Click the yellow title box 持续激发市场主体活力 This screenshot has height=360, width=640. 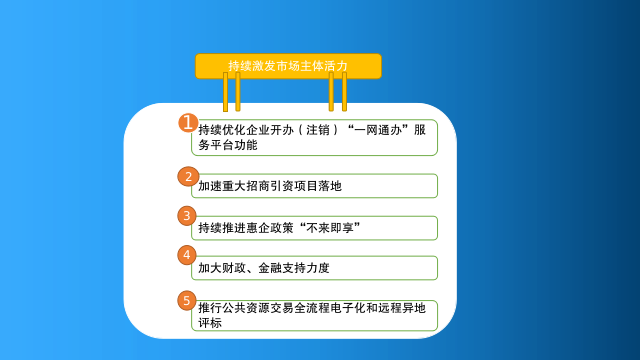[288, 66]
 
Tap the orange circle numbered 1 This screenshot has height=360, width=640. [188, 122]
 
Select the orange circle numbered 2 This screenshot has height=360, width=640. [188, 176]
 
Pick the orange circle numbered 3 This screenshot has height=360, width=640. [187, 216]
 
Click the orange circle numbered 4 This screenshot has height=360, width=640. [187, 255]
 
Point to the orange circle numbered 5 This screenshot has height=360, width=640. [187, 300]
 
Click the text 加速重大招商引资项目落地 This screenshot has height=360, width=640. [270, 186]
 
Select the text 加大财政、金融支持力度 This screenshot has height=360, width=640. [264, 268]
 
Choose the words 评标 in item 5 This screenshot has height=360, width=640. [210, 323]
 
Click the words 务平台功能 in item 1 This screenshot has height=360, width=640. [228, 145]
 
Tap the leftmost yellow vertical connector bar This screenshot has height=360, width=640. [225, 92]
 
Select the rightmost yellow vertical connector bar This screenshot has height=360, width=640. [344, 92]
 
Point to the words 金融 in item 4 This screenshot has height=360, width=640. [270, 268]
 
